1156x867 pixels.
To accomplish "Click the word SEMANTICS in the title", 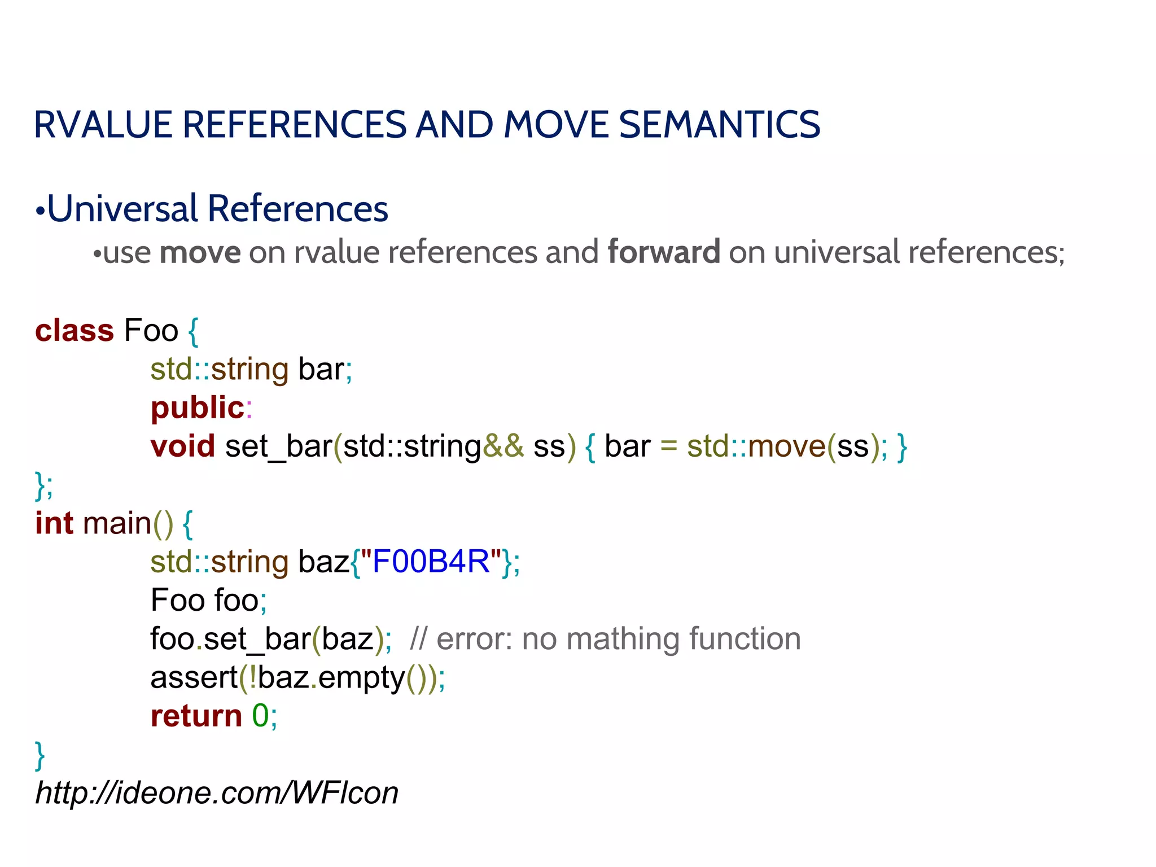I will pos(720,125).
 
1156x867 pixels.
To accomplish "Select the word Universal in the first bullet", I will pos(122,209).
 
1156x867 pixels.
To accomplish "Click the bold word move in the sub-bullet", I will pos(200,252).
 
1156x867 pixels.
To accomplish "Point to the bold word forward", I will pos(664,252).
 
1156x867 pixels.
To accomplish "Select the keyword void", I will pos(183,446).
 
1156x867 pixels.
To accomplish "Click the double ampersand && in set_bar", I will pos(503,446).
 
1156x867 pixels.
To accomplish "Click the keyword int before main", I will pos(54,523).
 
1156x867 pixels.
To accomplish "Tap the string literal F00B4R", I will pos(431,562).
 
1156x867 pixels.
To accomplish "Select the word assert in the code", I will pos(194,677).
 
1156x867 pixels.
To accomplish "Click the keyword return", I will pos(196,716).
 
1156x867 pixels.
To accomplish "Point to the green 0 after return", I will pos(260,716).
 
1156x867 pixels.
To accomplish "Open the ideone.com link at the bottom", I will pos(217,792).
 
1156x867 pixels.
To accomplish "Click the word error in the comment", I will pos(474,639).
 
